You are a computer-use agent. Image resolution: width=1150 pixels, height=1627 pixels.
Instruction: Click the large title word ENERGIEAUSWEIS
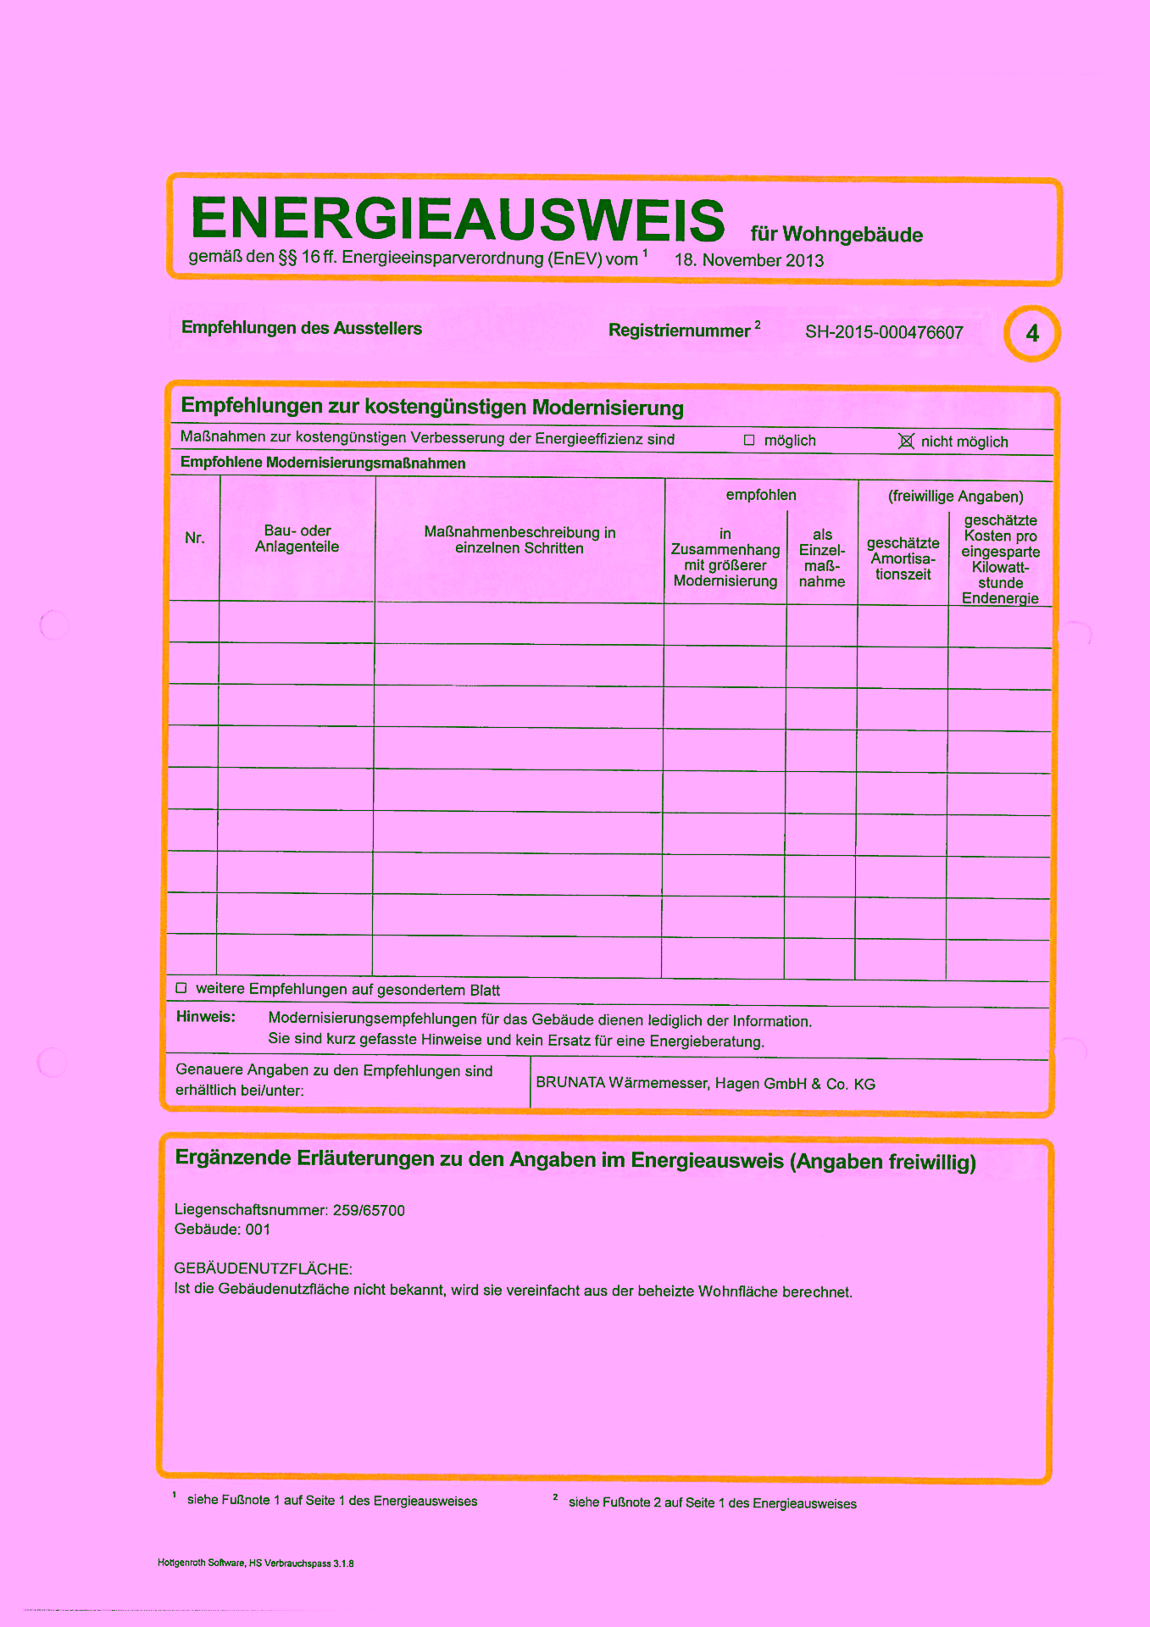tap(458, 219)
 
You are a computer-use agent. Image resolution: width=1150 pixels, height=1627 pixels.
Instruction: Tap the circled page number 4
tap(1031, 333)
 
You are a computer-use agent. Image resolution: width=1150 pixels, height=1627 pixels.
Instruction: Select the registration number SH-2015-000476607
tap(884, 332)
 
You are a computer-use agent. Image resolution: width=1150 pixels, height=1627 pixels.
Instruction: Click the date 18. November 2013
tap(748, 260)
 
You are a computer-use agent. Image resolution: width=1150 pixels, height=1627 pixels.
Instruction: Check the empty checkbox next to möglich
tap(749, 440)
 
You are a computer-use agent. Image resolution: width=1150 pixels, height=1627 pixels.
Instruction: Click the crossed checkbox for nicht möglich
tap(906, 441)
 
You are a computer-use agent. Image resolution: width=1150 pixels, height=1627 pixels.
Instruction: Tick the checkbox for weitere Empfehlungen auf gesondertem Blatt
tap(181, 988)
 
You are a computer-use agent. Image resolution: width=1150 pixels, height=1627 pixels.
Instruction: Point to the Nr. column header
tap(195, 538)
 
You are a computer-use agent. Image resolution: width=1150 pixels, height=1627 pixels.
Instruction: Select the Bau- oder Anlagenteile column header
tap(297, 539)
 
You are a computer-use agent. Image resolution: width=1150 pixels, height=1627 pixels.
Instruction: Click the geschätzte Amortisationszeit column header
tap(903, 558)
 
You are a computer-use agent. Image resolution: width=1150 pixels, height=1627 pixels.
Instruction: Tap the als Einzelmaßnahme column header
tap(822, 558)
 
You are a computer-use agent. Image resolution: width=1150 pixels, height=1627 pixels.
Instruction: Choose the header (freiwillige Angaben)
tap(955, 497)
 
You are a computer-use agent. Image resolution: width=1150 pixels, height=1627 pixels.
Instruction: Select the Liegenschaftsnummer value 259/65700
tap(369, 1210)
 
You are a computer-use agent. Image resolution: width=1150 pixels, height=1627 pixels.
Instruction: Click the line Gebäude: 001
tap(222, 1230)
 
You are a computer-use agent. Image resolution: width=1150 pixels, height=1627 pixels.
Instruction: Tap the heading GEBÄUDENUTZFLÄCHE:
tap(263, 1269)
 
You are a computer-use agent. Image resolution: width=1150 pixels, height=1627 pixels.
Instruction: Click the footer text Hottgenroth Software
tap(201, 1563)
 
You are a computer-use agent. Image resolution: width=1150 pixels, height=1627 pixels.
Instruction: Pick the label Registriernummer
tap(679, 331)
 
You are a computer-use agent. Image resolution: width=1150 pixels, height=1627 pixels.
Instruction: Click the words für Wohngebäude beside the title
tap(836, 235)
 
